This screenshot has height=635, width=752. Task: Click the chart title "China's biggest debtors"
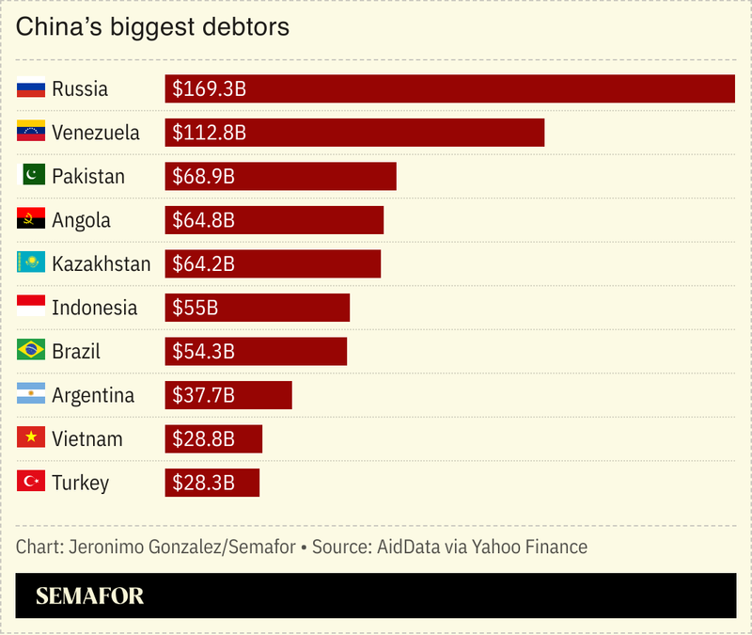[x=152, y=27]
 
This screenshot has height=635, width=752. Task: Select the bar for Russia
[x=449, y=88]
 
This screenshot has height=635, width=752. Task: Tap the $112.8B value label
[x=209, y=133]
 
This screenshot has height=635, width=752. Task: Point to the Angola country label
[x=81, y=220]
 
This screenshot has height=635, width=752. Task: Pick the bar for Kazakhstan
[x=273, y=263]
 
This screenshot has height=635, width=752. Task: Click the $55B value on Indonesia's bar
[x=195, y=308]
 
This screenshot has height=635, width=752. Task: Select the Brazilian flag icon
[x=31, y=351]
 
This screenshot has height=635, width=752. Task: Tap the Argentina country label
[x=93, y=395]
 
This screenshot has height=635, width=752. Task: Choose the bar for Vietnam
[x=213, y=438]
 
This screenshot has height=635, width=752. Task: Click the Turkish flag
[x=31, y=483]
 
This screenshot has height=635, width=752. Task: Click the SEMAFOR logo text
[x=89, y=595]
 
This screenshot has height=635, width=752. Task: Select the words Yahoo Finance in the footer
[x=530, y=547]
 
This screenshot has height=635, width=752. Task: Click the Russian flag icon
[x=31, y=89]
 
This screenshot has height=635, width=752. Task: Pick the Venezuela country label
[x=96, y=133]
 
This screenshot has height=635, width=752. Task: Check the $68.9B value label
[x=203, y=176]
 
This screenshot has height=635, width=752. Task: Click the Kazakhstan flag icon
[x=31, y=263]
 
